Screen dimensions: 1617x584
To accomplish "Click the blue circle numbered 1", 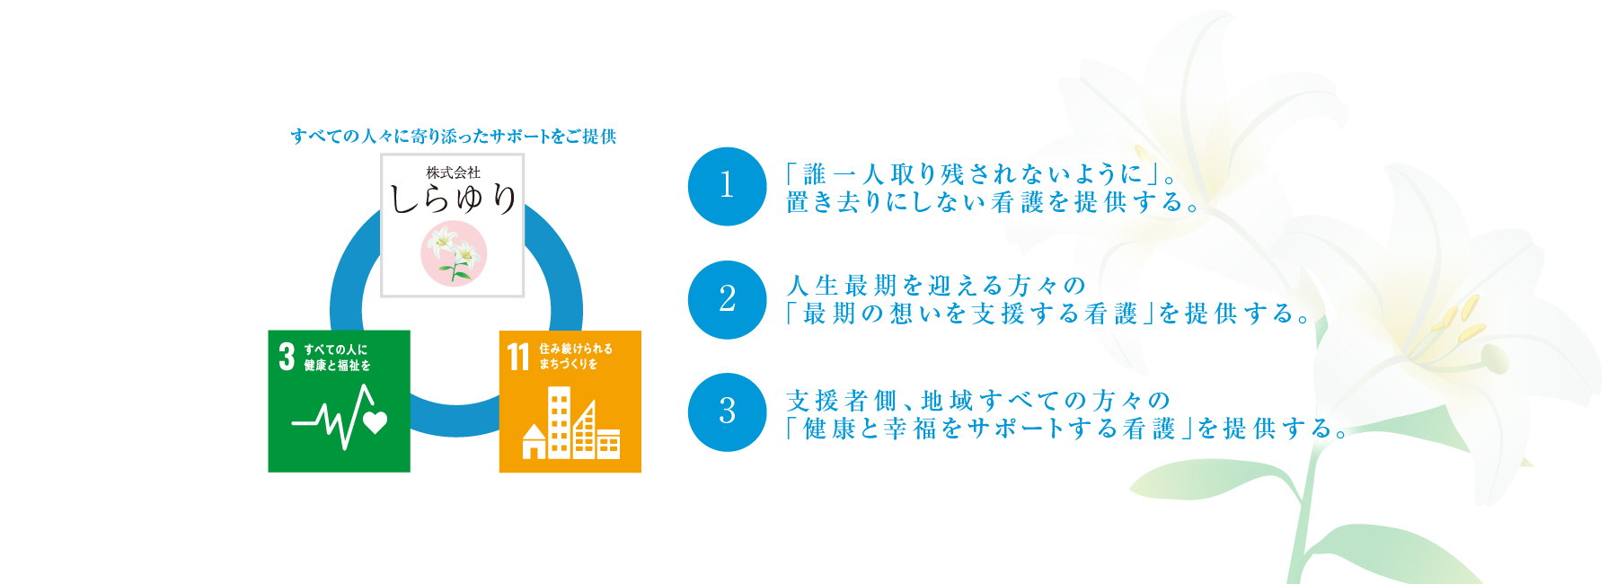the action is coord(727,186).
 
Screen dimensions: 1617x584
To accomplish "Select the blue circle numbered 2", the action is coord(727,299).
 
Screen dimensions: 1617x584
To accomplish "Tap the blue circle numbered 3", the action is coord(727,412).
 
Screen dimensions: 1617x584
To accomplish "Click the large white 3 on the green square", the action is coord(287,357).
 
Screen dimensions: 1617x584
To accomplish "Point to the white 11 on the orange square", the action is coord(518,356).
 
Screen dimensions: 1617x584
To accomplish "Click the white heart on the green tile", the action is coord(375,421).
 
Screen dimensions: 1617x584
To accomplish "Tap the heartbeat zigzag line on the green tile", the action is coord(332,417).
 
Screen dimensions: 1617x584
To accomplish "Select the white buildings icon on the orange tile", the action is coord(571,423).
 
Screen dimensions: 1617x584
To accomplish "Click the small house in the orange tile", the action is coord(535,441).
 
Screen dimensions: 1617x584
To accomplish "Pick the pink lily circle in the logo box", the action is coord(454,252).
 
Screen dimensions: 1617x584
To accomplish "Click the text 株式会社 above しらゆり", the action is coord(453,173).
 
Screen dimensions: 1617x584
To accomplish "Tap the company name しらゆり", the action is coord(453,198).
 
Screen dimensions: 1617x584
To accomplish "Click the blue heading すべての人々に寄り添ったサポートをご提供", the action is coord(453,137).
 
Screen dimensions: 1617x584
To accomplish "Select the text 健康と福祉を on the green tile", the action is coord(337,366).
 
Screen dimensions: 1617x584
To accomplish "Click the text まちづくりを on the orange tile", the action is coord(569,364).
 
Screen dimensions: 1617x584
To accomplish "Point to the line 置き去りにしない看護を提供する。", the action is coord(994,203).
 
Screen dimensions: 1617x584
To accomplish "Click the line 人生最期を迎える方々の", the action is coord(936,286).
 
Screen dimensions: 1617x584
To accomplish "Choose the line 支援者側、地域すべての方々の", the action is coord(978,400).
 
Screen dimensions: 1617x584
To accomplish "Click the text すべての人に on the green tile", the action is coord(335,350).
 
